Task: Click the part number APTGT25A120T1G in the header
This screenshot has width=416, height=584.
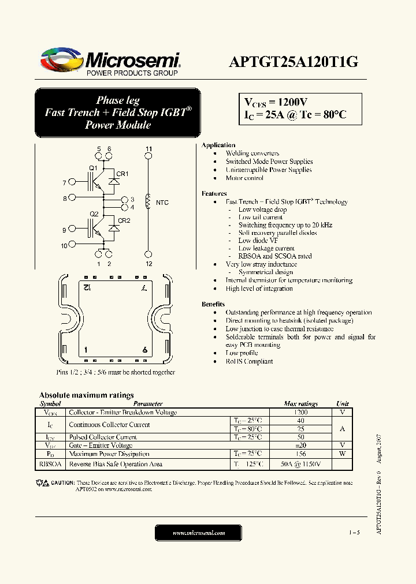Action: click(294, 62)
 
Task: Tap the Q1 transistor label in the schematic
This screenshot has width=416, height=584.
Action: click(92, 168)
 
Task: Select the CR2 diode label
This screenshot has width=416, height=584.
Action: click(124, 220)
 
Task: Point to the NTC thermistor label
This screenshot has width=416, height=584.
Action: click(162, 203)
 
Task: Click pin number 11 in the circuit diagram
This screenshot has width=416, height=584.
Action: click(148, 149)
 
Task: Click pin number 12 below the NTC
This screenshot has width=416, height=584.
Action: click(148, 264)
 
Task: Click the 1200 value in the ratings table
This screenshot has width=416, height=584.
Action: click(300, 413)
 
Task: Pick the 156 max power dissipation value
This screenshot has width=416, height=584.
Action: click(300, 454)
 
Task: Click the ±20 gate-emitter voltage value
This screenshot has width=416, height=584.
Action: click(300, 446)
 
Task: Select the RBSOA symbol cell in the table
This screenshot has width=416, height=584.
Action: click(50, 464)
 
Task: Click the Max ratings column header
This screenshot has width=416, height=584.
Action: click(300, 404)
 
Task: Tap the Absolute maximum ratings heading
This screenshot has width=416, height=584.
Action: click(86, 395)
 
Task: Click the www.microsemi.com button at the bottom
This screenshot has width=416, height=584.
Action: click(199, 533)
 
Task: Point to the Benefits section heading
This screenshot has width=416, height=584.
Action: click(213, 304)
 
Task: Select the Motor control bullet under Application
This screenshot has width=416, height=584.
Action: click(244, 178)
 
